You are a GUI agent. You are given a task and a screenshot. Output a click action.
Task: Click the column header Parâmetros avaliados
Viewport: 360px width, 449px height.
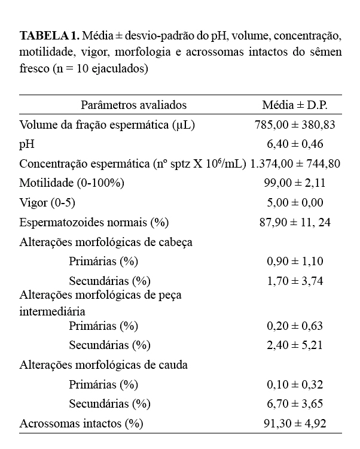[134, 105]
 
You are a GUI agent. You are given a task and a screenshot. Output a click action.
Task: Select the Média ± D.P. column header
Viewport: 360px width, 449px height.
[295, 105]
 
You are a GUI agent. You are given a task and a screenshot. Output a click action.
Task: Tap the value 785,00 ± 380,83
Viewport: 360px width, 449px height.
[295, 125]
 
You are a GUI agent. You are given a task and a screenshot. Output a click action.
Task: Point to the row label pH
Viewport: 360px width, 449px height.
[27, 144]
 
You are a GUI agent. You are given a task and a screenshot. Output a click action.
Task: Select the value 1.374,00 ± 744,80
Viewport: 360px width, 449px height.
[295, 163]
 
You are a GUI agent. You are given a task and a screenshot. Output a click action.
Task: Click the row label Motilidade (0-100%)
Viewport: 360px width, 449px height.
[72, 183]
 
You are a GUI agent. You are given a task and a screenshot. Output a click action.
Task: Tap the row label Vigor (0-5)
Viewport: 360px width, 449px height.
[48, 203]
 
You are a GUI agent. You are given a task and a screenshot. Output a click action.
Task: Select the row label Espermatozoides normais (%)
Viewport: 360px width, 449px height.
[94, 223]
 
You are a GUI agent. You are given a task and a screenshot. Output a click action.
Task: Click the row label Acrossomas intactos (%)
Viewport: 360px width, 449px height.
[81, 423]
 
